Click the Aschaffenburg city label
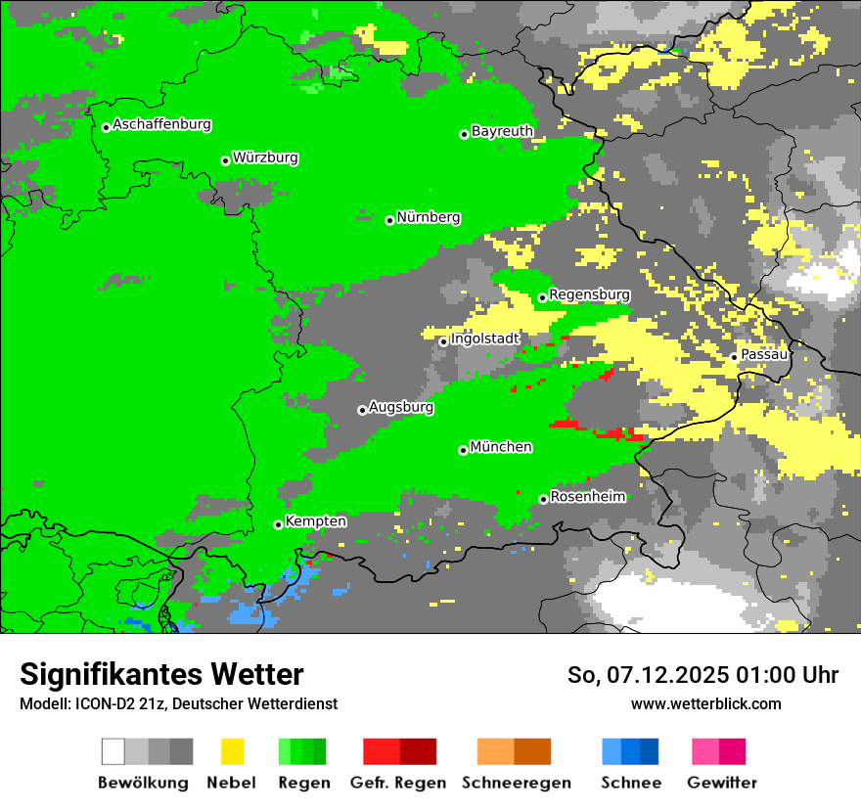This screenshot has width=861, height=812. [161, 125]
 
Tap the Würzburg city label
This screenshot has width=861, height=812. [265, 158]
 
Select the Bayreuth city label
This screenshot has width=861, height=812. [502, 131]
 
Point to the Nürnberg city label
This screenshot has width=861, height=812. [429, 218]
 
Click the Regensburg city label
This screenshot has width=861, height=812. [589, 294]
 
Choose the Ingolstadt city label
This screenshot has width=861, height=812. [485, 339]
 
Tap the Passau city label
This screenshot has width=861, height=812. [764, 354]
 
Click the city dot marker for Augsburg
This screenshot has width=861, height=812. [362, 410]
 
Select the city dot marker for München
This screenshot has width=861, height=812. [463, 450]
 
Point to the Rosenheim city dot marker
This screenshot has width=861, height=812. [543, 499]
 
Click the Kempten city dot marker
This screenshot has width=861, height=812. [278, 524]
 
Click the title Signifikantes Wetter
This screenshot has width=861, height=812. [161, 675]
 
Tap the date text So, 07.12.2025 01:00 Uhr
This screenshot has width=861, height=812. [702, 675]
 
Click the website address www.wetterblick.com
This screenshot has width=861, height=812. [705, 703]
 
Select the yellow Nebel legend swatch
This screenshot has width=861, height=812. [232, 751]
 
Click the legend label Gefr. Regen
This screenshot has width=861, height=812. [398, 783]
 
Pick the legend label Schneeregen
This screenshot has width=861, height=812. [516, 783]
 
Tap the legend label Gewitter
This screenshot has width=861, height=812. [721, 783]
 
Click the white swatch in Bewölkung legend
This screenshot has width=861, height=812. [113, 751]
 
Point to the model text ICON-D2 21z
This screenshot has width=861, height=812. [118, 703]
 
